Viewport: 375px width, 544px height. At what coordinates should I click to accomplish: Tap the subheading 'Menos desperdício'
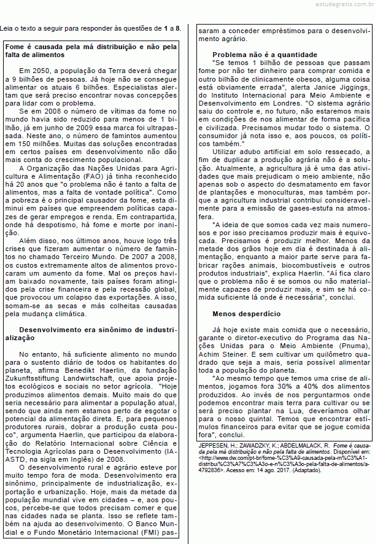(246, 313)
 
